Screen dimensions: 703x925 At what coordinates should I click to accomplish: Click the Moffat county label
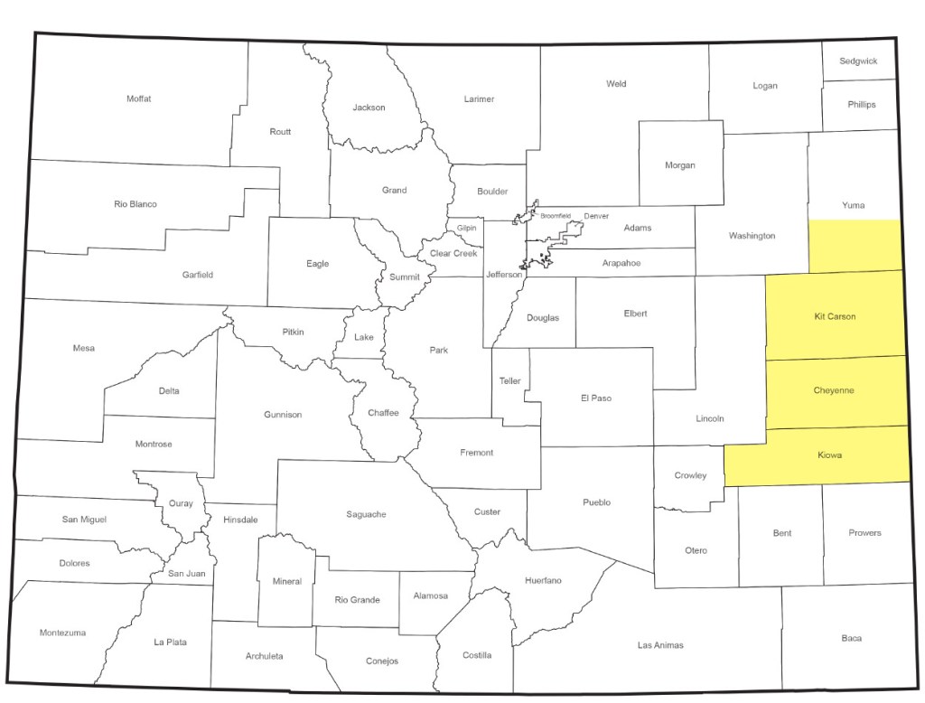(x=139, y=98)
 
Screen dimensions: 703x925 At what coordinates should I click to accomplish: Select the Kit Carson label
(x=834, y=317)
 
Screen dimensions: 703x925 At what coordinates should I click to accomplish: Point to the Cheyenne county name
(x=834, y=391)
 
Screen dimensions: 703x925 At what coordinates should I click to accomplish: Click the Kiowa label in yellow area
(x=828, y=455)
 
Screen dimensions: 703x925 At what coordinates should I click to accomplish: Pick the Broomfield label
(x=556, y=216)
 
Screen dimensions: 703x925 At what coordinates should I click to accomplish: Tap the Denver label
(x=596, y=217)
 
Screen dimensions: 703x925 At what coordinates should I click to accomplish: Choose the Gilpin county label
(x=466, y=228)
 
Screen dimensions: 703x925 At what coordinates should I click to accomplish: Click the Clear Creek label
(x=453, y=254)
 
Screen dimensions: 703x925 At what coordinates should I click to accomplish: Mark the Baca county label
(x=851, y=639)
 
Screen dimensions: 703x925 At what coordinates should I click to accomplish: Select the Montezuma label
(x=62, y=633)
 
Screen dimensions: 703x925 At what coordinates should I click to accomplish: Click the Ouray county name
(x=180, y=503)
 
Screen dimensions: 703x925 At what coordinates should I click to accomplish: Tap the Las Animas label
(x=659, y=645)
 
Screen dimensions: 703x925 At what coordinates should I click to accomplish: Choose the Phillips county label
(x=861, y=105)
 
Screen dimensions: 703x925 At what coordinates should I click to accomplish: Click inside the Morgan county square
(x=680, y=165)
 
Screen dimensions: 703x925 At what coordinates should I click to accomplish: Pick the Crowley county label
(x=691, y=476)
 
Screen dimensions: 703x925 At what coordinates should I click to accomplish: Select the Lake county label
(x=364, y=338)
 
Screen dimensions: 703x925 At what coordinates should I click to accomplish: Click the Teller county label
(x=510, y=381)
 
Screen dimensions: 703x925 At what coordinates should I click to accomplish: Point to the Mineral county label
(x=286, y=582)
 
